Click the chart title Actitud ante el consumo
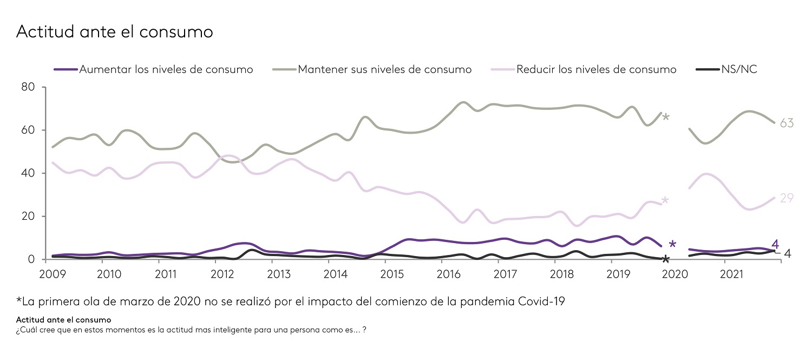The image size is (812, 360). (115, 31)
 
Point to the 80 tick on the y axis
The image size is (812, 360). (28, 87)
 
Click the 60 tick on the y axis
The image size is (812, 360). (28, 130)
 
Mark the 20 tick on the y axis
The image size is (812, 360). (28, 217)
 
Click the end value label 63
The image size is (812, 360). (787, 123)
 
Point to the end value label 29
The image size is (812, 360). (787, 198)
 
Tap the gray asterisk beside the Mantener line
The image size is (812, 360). (666, 117)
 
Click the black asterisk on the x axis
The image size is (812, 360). (666, 260)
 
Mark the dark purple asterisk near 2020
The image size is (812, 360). (672, 245)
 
